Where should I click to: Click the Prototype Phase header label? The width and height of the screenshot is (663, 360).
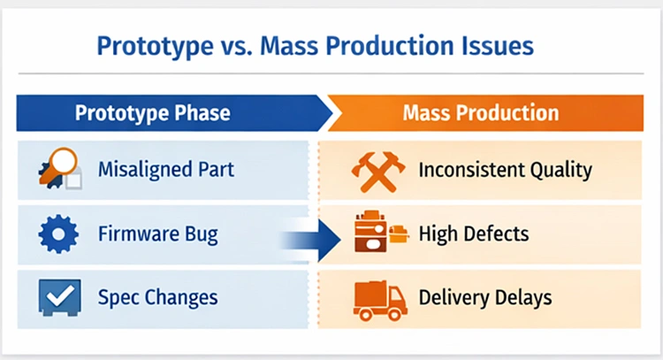pos(152,112)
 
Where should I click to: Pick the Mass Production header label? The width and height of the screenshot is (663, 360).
pos(480,112)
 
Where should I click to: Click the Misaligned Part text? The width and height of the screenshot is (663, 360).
pos(166,168)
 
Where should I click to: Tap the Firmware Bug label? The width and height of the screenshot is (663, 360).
pos(158,234)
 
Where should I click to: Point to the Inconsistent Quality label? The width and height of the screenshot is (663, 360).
pos(505,168)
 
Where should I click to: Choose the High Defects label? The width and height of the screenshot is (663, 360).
pos(474,234)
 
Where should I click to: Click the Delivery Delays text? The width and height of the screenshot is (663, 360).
pos(485,296)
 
